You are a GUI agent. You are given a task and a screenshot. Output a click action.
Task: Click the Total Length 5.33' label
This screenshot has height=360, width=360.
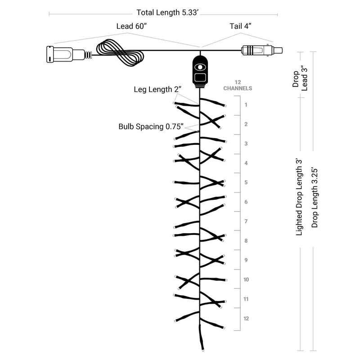point(167,13)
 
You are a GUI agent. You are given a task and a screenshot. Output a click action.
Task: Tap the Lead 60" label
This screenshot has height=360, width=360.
point(131,26)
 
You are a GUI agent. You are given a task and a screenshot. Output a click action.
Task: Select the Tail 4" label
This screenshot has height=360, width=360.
point(240,26)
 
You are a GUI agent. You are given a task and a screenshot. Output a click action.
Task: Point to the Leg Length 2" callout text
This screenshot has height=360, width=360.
point(157,89)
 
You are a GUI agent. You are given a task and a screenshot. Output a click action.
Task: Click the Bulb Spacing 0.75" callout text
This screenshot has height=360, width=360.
point(151,126)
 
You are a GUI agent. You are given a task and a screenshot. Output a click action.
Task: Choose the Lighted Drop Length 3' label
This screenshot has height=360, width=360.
point(299,197)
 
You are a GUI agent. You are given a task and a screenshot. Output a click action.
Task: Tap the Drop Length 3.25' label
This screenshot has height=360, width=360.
point(315,198)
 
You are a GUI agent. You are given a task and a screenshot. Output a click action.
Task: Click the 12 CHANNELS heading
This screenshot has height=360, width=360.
point(238,85)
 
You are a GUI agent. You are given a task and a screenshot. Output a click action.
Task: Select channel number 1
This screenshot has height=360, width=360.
point(246,105)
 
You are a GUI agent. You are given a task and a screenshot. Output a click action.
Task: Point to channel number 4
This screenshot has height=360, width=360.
point(246,163)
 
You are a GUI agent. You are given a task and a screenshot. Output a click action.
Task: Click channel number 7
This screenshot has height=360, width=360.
point(246,221)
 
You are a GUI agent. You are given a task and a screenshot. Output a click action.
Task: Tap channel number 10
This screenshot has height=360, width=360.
point(246,279)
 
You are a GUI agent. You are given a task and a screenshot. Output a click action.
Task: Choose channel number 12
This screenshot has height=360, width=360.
point(246,319)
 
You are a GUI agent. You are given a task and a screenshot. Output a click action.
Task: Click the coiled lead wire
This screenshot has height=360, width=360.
point(120,53)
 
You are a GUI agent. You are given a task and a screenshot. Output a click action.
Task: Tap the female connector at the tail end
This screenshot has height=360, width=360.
point(262,50)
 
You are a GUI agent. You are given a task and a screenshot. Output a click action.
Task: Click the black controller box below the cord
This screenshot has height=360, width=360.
point(200,72)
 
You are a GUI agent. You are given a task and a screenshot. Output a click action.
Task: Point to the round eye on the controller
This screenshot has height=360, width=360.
point(200,67)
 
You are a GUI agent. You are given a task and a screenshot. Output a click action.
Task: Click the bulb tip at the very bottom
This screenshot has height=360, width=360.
point(203,350)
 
